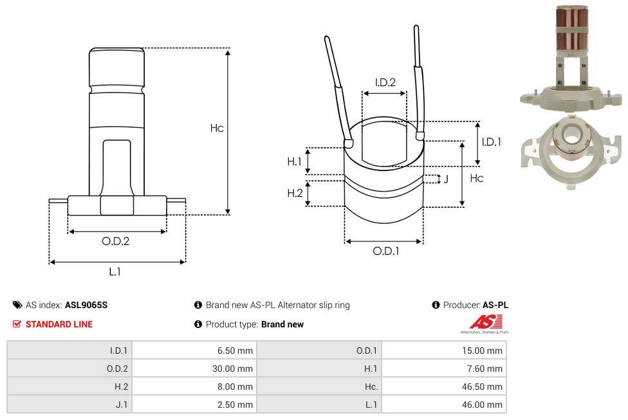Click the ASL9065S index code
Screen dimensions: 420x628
pyautogui.click(x=86, y=305)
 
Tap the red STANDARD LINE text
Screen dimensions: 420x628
pyautogui.click(x=59, y=324)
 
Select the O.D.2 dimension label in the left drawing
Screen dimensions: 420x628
pyautogui.click(x=116, y=242)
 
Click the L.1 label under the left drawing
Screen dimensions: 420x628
pyautogui.click(x=115, y=272)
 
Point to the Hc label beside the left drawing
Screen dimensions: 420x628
pyautogui.click(x=217, y=128)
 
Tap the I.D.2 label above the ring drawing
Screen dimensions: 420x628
pyautogui.click(x=385, y=82)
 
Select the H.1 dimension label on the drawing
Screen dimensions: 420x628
pyautogui.click(x=294, y=161)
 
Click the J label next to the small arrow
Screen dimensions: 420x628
pyautogui.click(x=445, y=179)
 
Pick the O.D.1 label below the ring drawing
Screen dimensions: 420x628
pyautogui.click(x=385, y=251)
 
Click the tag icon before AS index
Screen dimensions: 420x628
pyautogui.click(x=17, y=305)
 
